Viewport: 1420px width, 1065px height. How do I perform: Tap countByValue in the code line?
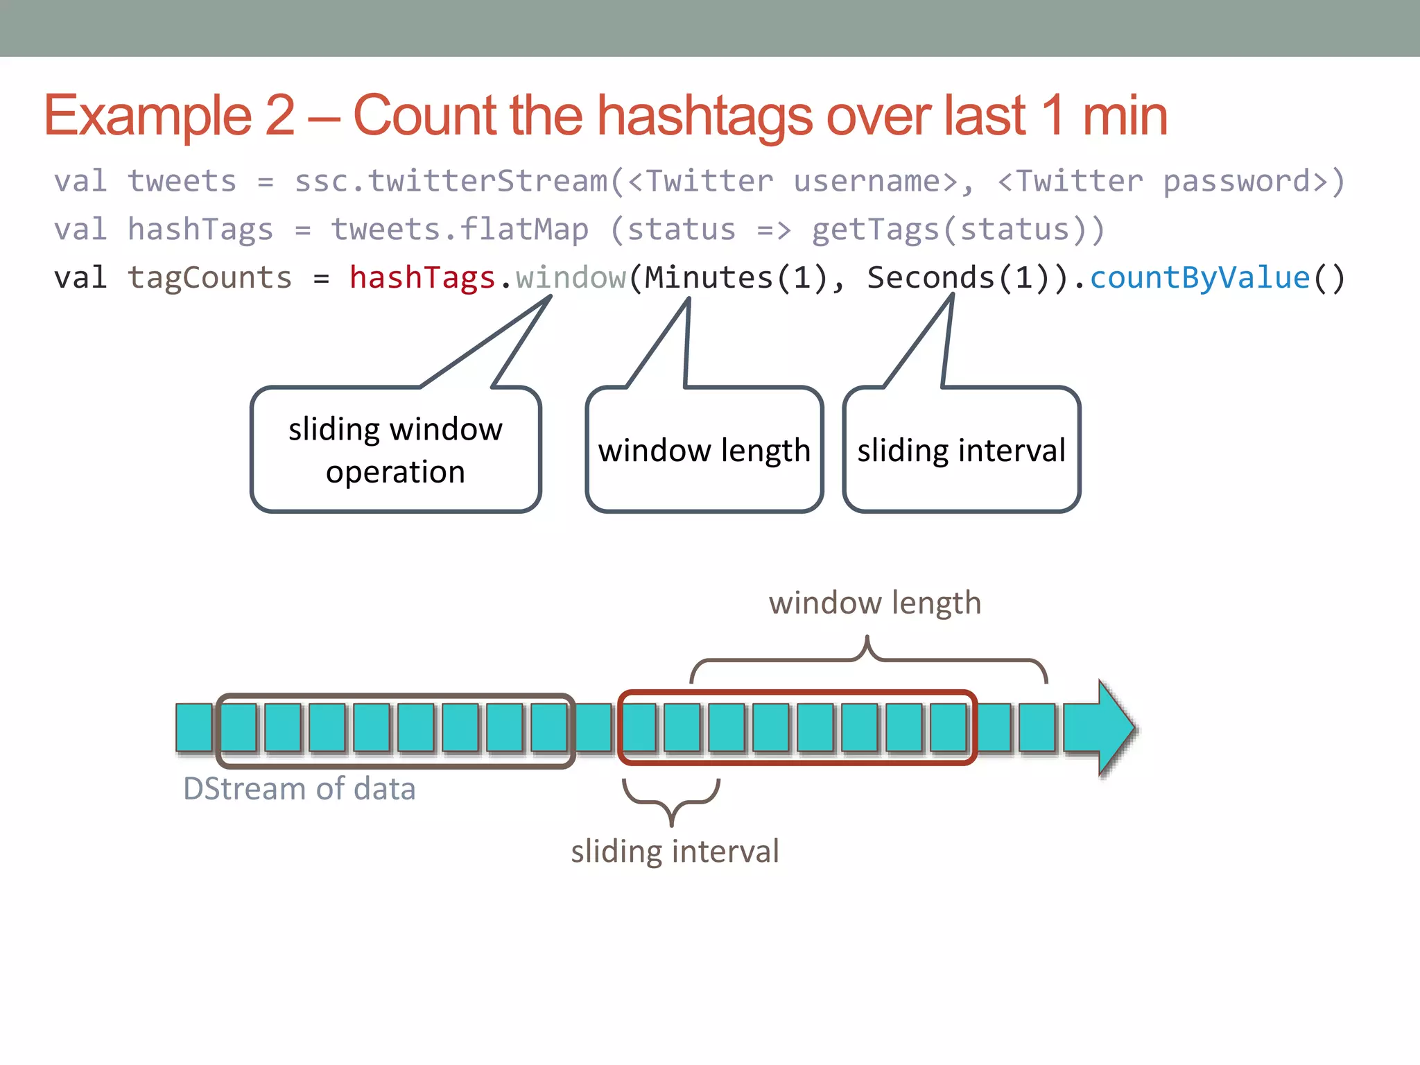click(x=1200, y=278)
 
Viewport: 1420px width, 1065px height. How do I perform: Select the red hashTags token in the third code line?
click(x=422, y=278)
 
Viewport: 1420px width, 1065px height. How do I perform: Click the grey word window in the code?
click(x=571, y=278)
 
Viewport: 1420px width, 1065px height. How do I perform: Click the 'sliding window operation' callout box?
click(x=395, y=450)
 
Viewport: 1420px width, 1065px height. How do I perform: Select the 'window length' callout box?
click(x=704, y=450)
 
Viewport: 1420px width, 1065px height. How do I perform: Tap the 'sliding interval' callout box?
click(x=961, y=450)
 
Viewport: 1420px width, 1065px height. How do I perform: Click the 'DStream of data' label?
click(x=299, y=789)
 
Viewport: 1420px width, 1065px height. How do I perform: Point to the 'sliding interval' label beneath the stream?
click(x=675, y=851)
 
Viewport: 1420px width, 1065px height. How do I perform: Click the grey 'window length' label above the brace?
click(x=874, y=603)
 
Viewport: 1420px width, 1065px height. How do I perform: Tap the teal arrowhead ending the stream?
click(x=1114, y=728)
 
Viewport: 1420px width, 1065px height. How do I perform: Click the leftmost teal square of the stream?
click(x=194, y=728)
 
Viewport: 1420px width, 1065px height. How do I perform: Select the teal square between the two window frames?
click(x=594, y=728)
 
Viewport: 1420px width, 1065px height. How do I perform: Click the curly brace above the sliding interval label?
click(x=671, y=801)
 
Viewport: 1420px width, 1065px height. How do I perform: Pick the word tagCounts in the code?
click(x=209, y=278)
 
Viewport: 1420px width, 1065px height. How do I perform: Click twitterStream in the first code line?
click(x=488, y=182)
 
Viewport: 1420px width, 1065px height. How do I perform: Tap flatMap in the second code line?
click(x=524, y=230)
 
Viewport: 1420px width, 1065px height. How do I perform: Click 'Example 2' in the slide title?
click(x=170, y=116)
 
